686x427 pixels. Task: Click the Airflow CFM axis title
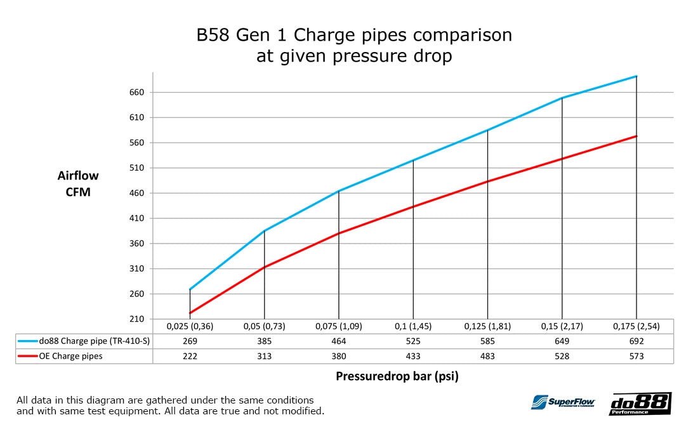(x=78, y=183)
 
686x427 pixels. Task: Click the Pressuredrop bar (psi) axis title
(x=397, y=376)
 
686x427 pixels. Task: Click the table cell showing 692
(x=636, y=341)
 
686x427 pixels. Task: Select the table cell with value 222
(x=190, y=357)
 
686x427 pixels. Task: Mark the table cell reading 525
(x=412, y=341)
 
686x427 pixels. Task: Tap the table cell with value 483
(x=487, y=357)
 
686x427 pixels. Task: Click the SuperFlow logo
(x=562, y=403)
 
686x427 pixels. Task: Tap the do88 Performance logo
(x=640, y=404)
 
